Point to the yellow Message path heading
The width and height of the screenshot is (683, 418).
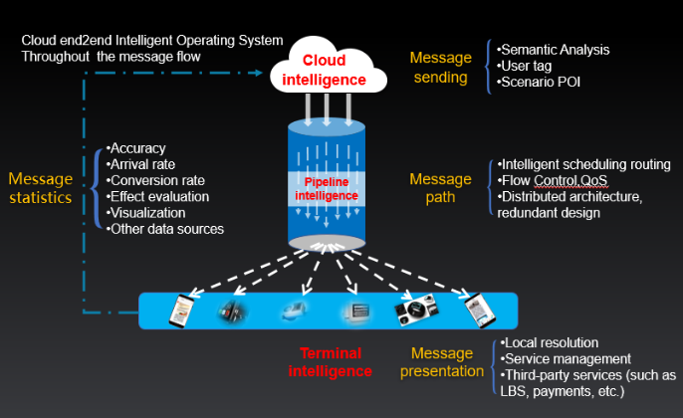pos(439,187)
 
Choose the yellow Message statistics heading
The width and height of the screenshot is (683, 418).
pos(41,187)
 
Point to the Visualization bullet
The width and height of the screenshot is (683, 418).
pos(148,212)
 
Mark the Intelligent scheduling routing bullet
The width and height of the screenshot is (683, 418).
pos(586,164)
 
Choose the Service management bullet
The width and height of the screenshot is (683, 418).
pos(567,358)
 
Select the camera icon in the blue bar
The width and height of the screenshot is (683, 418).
pos(415,311)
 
